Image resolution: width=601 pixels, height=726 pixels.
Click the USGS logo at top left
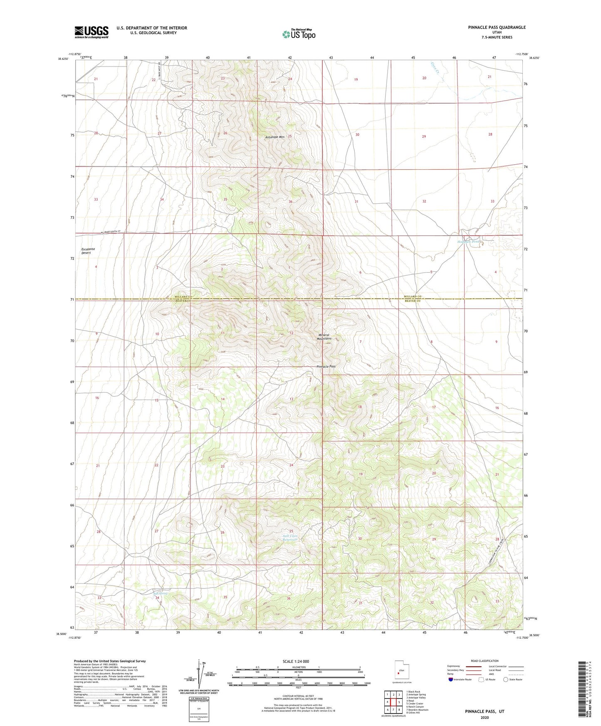pyautogui.click(x=92, y=32)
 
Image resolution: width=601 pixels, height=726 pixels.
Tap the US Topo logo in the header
pyautogui.click(x=298, y=34)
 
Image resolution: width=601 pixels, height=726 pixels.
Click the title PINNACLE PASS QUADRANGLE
pyautogui.click(x=490, y=27)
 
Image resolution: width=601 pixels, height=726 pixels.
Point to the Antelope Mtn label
pyautogui.click(x=275, y=137)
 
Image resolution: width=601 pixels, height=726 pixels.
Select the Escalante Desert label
pyautogui.click(x=88, y=251)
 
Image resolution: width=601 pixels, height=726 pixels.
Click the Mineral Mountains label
pyautogui.click(x=324, y=337)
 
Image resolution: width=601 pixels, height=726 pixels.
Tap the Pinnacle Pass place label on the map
pyautogui.click(x=326, y=367)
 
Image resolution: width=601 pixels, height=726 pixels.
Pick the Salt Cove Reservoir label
pyautogui.click(x=290, y=538)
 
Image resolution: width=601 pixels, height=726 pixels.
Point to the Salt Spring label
pyautogui.click(x=161, y=593)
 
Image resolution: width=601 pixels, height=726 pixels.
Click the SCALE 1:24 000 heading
pyautogui.click(x=296, y=661)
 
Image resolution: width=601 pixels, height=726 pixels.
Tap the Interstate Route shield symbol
pyautogui.click(x=451, y=679)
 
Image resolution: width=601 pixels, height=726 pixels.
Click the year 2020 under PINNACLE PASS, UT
pyautogui.click(x=484, y=718)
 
